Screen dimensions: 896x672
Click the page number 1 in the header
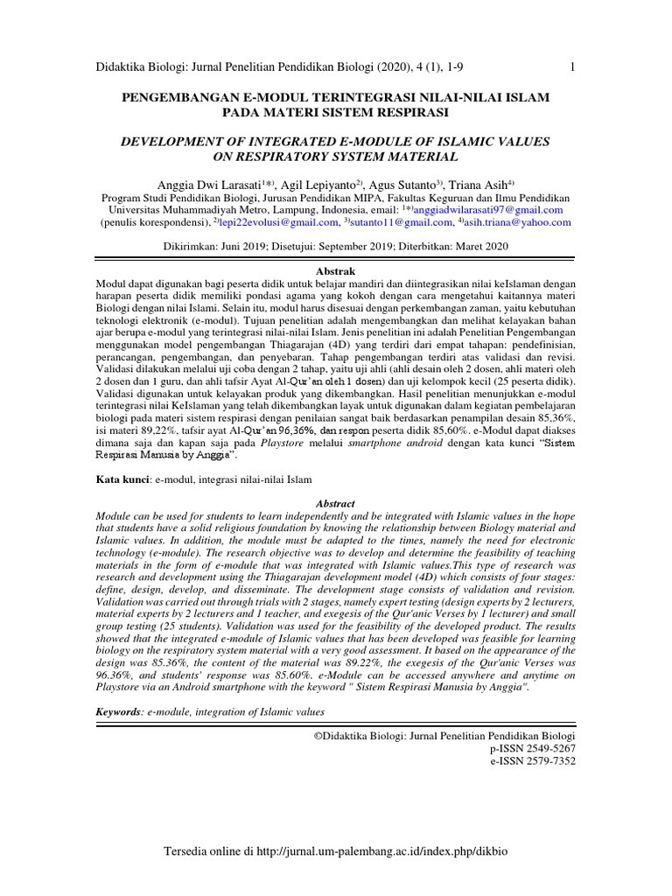tap(571, 68)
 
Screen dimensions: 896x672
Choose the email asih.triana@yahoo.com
tap(520, 222)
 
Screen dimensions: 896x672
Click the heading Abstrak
tap(336, 273)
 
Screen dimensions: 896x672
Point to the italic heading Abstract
tap(336, 504)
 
